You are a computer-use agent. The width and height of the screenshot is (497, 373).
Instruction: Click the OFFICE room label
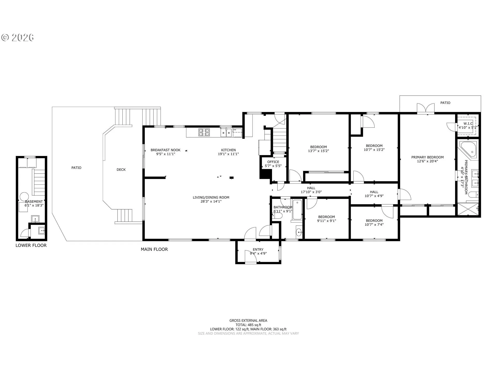pyautogui.click(x=273, y=162)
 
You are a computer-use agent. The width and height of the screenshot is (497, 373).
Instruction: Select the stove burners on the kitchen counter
pyautogui.click(x=204, y=132)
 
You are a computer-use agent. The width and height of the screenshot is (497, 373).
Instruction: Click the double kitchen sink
pyautogui.click(x=226, y=133)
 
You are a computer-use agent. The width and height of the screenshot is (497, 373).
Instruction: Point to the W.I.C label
pyautogui.click(x=468, y=124)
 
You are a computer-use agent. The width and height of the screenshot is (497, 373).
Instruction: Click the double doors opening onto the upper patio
pyautogui.click(x=426, y=109)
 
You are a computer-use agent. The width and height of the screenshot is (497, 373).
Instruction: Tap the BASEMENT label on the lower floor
pyautogui.click(x=34, y=202)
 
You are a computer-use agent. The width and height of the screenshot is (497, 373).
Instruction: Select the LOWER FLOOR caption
pyautogui.click(x=31, y=245)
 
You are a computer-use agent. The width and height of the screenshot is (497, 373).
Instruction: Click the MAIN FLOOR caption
pyautogui.click(x=154, y=249)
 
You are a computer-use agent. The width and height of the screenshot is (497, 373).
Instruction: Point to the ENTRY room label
pyautogui.click(x=258, y=249)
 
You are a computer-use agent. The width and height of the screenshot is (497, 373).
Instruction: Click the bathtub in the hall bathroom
pyautogui.click(x=297, y=210)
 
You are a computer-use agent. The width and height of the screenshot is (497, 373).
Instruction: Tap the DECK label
pyautogui.click(x=121, y=170)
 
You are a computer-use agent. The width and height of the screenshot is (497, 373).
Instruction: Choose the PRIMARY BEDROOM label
pyautogui.click(x=427, y=157)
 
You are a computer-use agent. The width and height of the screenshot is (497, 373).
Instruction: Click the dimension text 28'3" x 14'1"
pyautogui.click(x=211, y=201)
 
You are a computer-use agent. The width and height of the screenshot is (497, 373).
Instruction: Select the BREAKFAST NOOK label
pyautogui.click(x=166, y=150)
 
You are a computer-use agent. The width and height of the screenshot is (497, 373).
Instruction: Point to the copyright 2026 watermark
pyautogui.click(x=18, y=38)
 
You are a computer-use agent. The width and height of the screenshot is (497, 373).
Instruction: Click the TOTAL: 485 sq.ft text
pyautogui.click(x=248, y=325)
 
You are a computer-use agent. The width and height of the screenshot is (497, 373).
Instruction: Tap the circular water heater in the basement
pyautogui.click(x=25, y=197)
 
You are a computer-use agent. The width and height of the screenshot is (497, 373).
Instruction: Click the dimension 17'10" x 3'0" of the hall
pyautogui.click(x=311, y=192)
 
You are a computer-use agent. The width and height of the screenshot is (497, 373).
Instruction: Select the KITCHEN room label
pyautogui.click(x=228, y=150)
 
